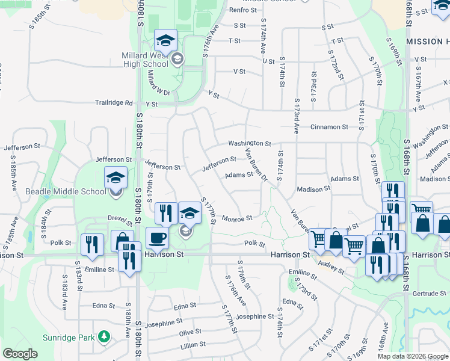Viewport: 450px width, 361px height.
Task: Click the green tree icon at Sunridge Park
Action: point(105,335)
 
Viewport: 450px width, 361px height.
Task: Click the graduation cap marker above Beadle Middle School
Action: point(116,177)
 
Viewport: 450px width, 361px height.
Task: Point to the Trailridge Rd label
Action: point(114,103)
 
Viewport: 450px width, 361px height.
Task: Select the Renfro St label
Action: point(242,10)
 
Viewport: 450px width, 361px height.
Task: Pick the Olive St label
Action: point(190,332)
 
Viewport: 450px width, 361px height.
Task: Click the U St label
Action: point(268,60)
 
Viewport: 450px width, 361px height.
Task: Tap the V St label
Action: point(239,72)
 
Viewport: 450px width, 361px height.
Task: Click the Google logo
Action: point(20,354)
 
